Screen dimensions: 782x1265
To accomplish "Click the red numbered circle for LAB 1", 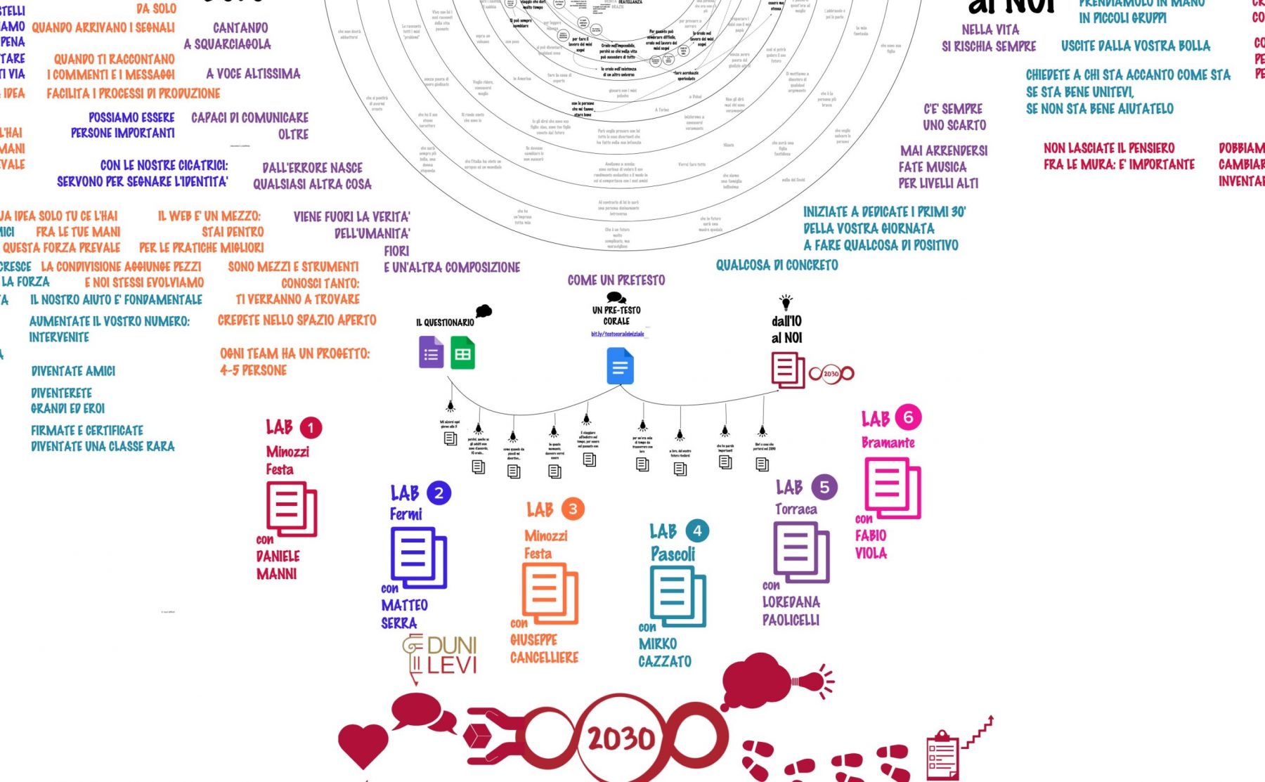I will pyautogui.click(x=311, y=427).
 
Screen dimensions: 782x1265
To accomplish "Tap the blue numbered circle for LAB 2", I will pyautogui.click(x=439, y=493).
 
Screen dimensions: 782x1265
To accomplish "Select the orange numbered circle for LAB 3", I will pyautogui.click(x=573, y=509).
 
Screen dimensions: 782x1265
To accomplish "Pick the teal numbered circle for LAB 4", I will pyautogui.click(x=696, y=530).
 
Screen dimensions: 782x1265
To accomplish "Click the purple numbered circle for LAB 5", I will pyautogui.click(x=824, y=487).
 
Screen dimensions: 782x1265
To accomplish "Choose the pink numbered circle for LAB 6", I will pyautogui.click(x=908, y=417).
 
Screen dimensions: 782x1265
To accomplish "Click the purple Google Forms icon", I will pyautogui.click(x=431, y=353).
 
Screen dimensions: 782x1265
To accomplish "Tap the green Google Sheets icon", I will pyautogui.click(x=462, y=353).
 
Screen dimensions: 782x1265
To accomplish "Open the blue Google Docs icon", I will pyautogui.click(x=620, y=367).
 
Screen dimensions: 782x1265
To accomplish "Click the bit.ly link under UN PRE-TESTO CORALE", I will pyautogui.click(x=617, y=334).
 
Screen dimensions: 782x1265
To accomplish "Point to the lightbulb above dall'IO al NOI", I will pyautogui.click(x=786, y=302).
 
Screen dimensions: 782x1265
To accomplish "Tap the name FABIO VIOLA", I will pyautogui.click(x=871, y=544).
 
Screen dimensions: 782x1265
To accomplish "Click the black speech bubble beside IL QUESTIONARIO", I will pyautogui.click(x=484, y=311).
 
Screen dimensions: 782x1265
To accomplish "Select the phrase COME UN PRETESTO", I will pyautogui.click(x=616, y=280).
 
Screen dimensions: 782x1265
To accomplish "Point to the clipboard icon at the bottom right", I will pyautogui.click(x=942, y=754).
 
